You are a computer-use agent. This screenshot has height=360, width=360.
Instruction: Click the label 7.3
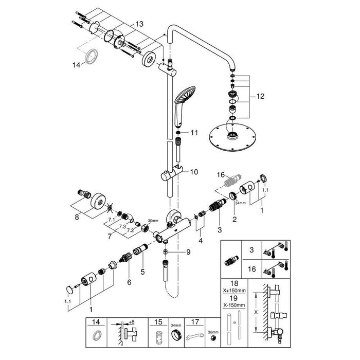(122, 227)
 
